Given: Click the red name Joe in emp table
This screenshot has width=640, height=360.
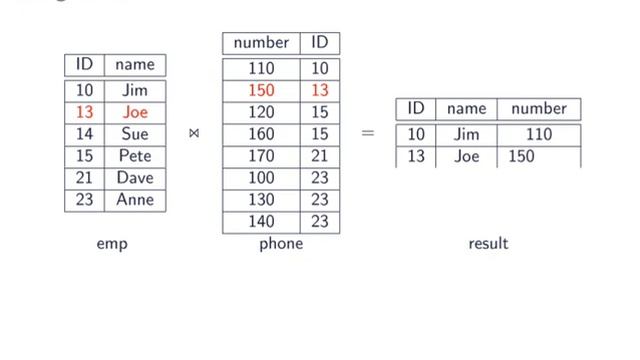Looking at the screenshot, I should click(x=135, y=112).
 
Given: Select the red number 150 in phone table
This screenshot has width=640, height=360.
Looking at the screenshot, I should click(x=261, y=91).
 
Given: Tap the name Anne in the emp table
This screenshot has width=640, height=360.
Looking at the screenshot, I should click(x=135, y=200).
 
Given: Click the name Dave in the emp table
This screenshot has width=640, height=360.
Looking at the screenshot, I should click(x=135, y=178).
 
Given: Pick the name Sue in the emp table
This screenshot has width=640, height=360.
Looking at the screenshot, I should click(x=135, y=134).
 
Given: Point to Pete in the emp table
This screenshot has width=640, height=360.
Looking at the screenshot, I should click(x=135, y=156).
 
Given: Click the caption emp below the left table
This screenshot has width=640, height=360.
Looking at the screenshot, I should click(x=112, y=244).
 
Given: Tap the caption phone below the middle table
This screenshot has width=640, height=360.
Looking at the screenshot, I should click(x=280, y=244).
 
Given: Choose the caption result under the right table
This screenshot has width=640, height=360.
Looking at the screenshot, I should click(x=488, y=244).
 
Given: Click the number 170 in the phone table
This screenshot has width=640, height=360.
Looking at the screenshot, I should click(x=261, y=156).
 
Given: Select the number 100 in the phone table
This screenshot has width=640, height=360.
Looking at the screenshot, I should click(x=261, y=178).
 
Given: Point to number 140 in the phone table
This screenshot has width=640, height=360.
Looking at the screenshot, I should click(x=261, y=222).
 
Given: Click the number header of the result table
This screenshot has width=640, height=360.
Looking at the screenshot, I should click(x=539, y=109).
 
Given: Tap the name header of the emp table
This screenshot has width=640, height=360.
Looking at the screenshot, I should click(x=135, y=65).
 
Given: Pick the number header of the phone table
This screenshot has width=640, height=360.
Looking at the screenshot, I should click(x=261, y=43).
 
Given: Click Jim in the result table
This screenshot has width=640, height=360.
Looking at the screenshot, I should click(x=466, y=134).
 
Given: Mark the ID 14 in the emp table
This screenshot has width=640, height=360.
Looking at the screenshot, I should click(x=84, y=134).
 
